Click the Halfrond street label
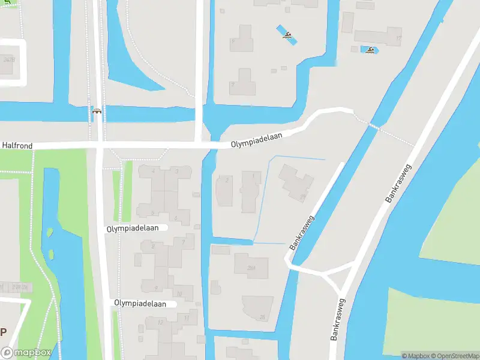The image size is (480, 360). click(x=17, y=146)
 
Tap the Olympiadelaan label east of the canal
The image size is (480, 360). click(x=257, y=140)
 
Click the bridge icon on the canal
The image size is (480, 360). click(x=97, y=111)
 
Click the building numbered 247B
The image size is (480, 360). click(x=8, y=60)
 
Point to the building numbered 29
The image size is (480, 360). click(x=303, y=196)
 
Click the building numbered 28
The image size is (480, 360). click(x=262, y=317)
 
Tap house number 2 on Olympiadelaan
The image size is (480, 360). click(x=226, y=180)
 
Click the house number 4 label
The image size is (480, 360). click(x=153, y=171)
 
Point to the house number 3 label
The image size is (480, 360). click(x=176, y=171)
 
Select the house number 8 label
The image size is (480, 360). click(x=153, y=245)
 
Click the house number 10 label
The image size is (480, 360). click(x=179, y=293)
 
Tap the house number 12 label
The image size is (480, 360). click(x=160, y=322)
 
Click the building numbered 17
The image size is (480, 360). click(x=398, y=38)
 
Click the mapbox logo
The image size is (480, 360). click(x=25, y=353)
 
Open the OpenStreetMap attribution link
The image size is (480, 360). click(x=455, y=355)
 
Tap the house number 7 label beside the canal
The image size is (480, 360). click(x=184, y=241)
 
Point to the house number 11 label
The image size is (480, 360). click(x=187, y=317)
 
